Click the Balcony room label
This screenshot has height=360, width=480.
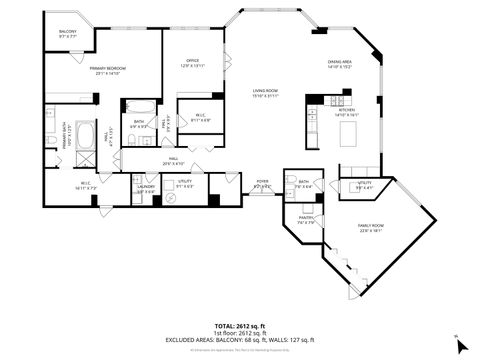tap(67, 33)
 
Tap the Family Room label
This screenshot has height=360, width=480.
tap(371, 229)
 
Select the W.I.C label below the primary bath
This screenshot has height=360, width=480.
tap(86, 186)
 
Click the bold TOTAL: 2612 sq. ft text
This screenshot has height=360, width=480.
tap(239, 325)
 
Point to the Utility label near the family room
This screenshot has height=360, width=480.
tap(365, 184)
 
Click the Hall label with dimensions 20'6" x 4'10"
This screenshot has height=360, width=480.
tap(174, 161)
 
